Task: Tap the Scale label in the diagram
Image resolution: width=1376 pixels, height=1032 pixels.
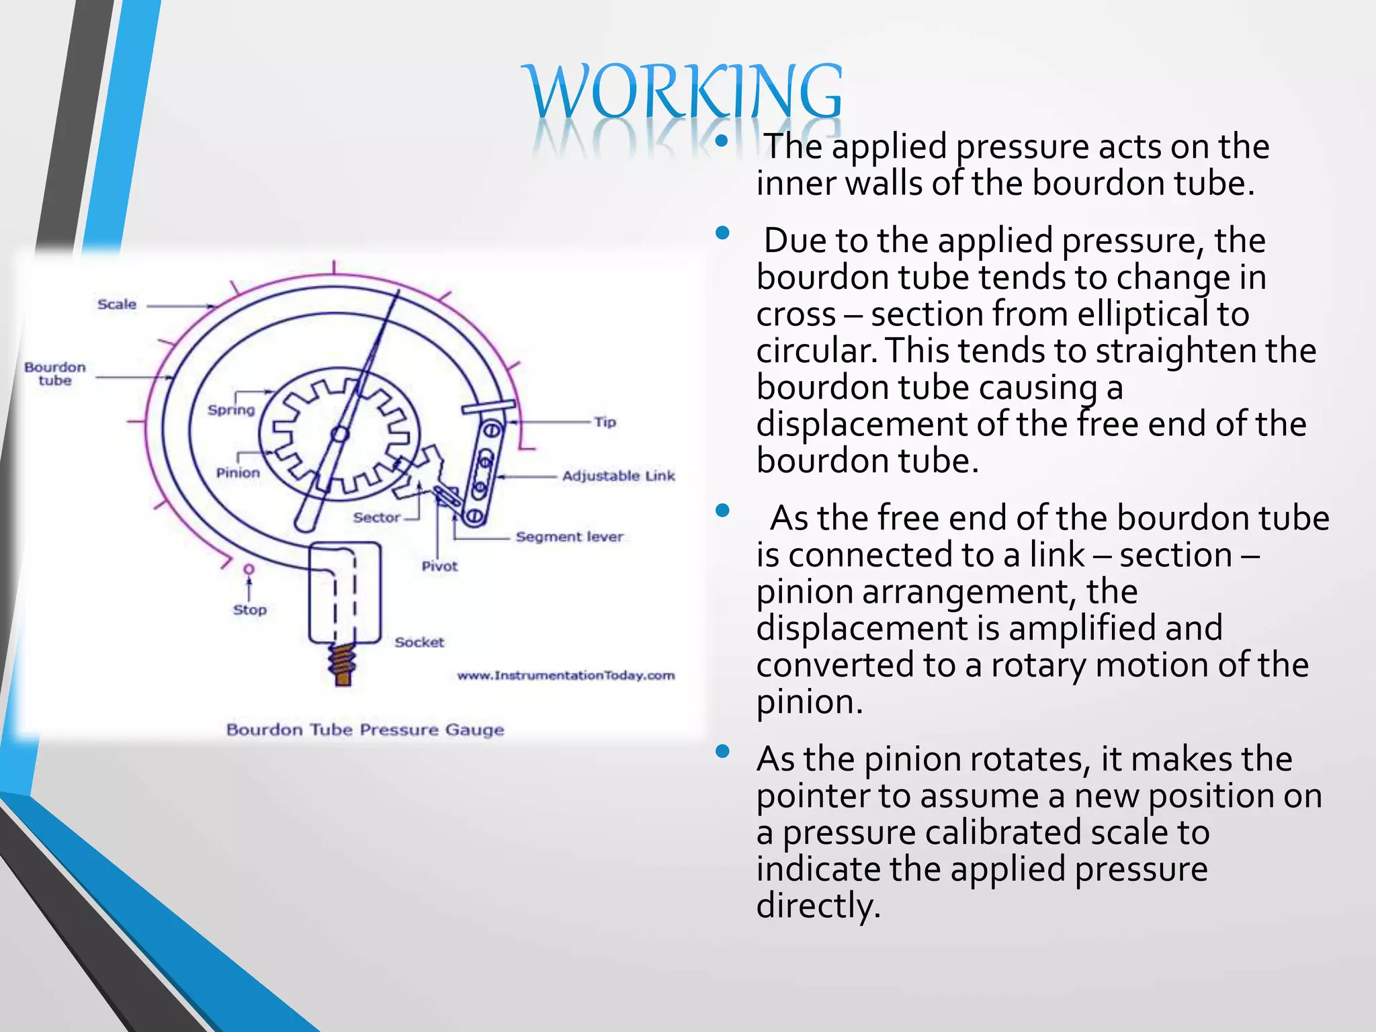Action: [117, 304]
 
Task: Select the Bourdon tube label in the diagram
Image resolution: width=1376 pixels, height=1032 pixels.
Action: [55, 374]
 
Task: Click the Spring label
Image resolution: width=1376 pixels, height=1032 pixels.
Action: [231, 410]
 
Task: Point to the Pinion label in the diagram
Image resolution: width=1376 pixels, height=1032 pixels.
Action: [238, 473]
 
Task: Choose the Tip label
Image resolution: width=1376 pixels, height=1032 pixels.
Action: [605, 423]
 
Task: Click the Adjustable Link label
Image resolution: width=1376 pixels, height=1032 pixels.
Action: [618, 476]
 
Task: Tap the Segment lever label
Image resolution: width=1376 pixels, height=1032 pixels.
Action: [570, 537]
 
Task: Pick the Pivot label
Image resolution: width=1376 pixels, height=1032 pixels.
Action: [439, 566]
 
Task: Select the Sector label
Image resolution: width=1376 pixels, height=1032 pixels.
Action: [377, 517]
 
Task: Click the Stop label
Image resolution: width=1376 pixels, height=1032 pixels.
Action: [250, 610]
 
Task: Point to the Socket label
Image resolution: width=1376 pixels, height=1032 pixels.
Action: [419, 642]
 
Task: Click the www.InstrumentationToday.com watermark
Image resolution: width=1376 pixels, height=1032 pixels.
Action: [566, 675]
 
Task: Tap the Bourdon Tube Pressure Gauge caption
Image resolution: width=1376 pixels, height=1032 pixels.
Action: [365, 730]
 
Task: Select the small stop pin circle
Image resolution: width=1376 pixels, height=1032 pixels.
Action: [249, 569]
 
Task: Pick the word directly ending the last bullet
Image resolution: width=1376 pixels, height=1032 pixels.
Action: [818, 906]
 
